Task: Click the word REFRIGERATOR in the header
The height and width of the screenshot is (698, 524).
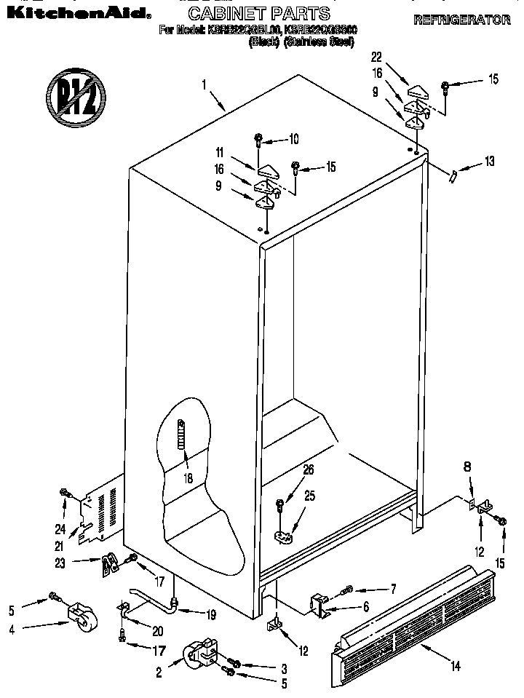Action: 461,20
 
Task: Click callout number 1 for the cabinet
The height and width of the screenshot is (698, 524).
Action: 205,84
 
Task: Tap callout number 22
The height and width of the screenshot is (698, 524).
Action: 376,57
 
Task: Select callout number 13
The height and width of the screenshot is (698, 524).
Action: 489,160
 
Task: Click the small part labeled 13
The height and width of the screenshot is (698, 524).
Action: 453,175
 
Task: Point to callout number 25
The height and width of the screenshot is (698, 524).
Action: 309,496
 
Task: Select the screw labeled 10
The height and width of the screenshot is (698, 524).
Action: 258,140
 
